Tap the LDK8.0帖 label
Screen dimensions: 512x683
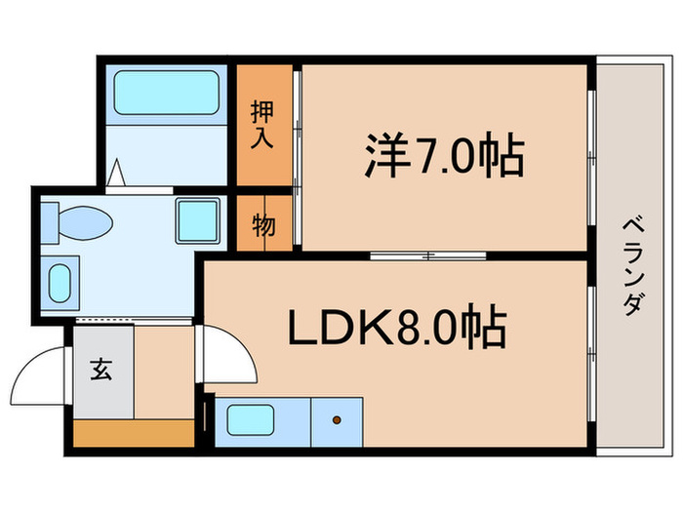[396, 329]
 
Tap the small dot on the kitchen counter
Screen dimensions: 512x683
[337, 421]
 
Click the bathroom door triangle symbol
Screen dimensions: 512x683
[118, 177]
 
